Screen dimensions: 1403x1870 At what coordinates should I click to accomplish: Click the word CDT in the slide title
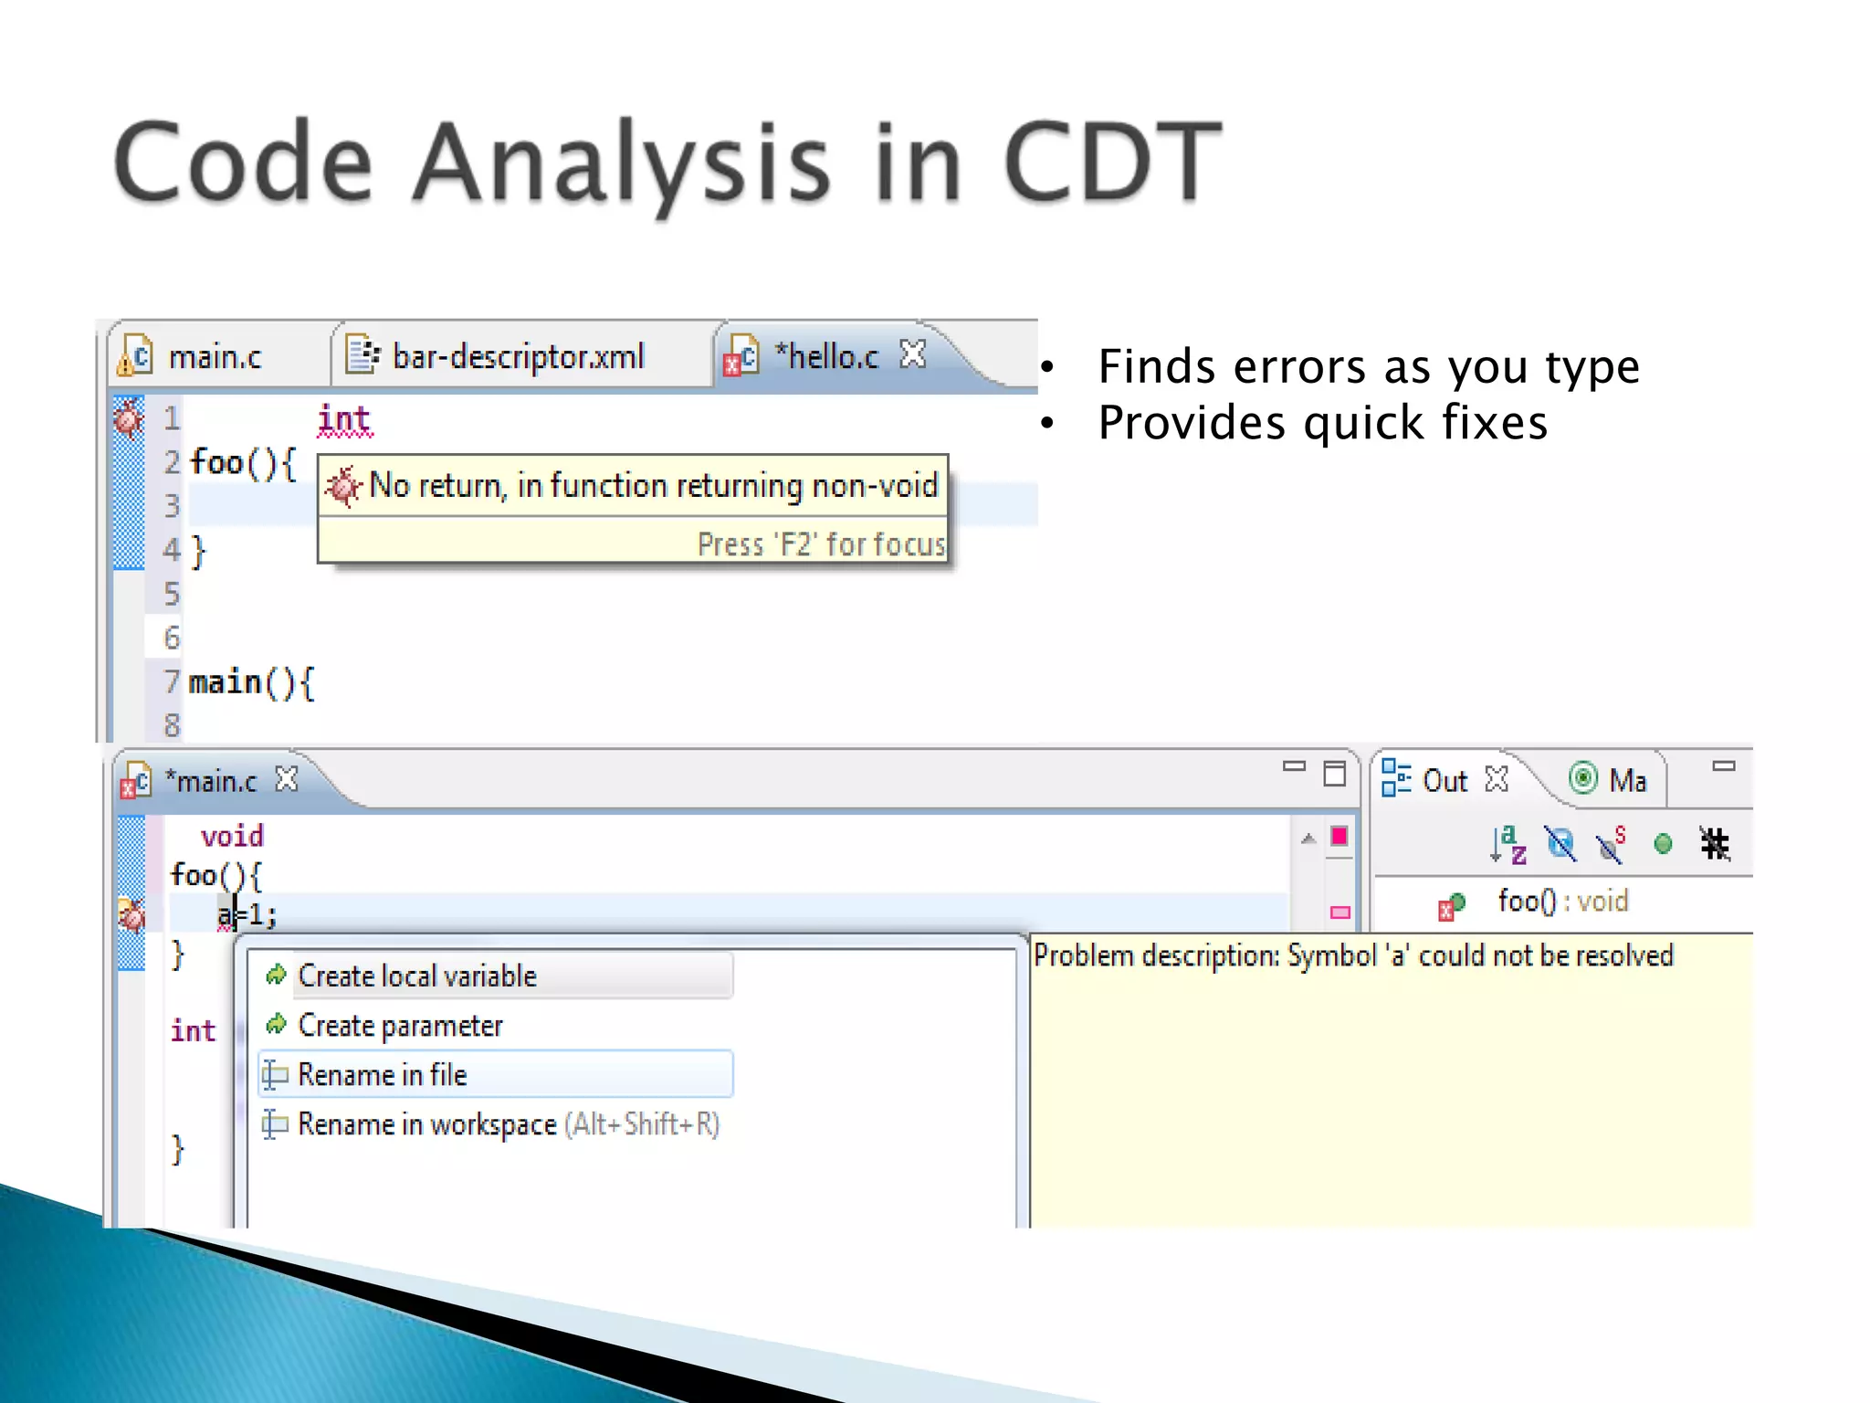pyautogui.click(x=1111, y=163)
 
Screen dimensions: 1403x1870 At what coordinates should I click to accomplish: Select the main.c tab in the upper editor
pyautogui.click(x=214, y=357)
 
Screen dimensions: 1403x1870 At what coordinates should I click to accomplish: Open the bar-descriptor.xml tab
pyautogui.click(x=517, y=357)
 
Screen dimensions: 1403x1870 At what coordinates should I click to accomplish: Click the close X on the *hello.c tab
pyautogui.click(x=912, y=353)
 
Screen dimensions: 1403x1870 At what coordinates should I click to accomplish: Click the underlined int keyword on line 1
pyautogui.click(x=344, y=420)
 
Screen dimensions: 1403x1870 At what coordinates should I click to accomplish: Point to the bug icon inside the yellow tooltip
pyautogui.click(x=343, y=486)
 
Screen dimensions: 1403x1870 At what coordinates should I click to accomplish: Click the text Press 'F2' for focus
pyautogui.click(x=820, y=544)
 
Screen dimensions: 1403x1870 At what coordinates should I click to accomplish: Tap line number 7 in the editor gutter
pyautogui.click(x=172, y=681)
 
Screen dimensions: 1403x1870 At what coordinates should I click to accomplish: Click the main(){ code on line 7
pyautogui.click(x=251, y=682)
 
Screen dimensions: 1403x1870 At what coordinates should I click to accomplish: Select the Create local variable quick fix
pyautogui.click(x=417, y=976)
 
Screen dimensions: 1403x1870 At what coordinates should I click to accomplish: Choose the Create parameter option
pyautogui.click(x=400, y=1026)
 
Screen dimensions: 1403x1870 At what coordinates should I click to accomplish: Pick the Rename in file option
pyautogui.click(x=382, y=1075)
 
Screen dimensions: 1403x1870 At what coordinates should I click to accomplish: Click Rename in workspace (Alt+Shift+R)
pyautogui.click(x=508, y=1124)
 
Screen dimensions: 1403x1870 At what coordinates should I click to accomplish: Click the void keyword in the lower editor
pyautogui.click(x=232, y=836)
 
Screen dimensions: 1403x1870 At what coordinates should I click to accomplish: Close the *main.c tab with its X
pyautogui.click(x=287, y=779)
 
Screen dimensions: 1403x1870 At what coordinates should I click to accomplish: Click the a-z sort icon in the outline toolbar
pyautogui.click(x=1508, y=844)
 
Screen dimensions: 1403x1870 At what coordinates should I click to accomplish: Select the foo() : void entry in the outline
pyautogui.click(x=1561, y=902)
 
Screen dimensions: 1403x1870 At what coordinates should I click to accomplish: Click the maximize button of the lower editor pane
pyautogui.click(x=1335, y=774)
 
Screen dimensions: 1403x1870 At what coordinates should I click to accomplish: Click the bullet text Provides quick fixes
pyautogui.click(x=1322, y=423)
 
